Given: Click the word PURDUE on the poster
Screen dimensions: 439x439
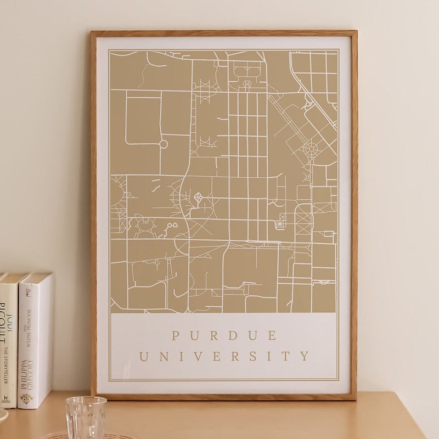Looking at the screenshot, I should click(x=224, y=335).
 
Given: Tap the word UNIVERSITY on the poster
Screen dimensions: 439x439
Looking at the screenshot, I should click(x=224, y=357).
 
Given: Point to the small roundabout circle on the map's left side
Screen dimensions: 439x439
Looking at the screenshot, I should click(x=163, y=144).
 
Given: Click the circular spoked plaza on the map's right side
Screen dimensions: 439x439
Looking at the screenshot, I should click(x=311, y=148).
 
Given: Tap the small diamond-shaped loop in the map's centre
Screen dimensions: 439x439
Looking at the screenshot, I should click(x=198, y=196).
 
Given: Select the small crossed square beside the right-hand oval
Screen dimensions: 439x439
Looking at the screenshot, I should click(x=280, y=223).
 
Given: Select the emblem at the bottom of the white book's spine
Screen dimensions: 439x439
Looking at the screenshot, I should click(x=26, y=398).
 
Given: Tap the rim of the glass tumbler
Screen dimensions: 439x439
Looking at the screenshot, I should click(x=86, y=399).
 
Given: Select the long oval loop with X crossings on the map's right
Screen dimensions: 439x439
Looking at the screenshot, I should click(x=303, y=219).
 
